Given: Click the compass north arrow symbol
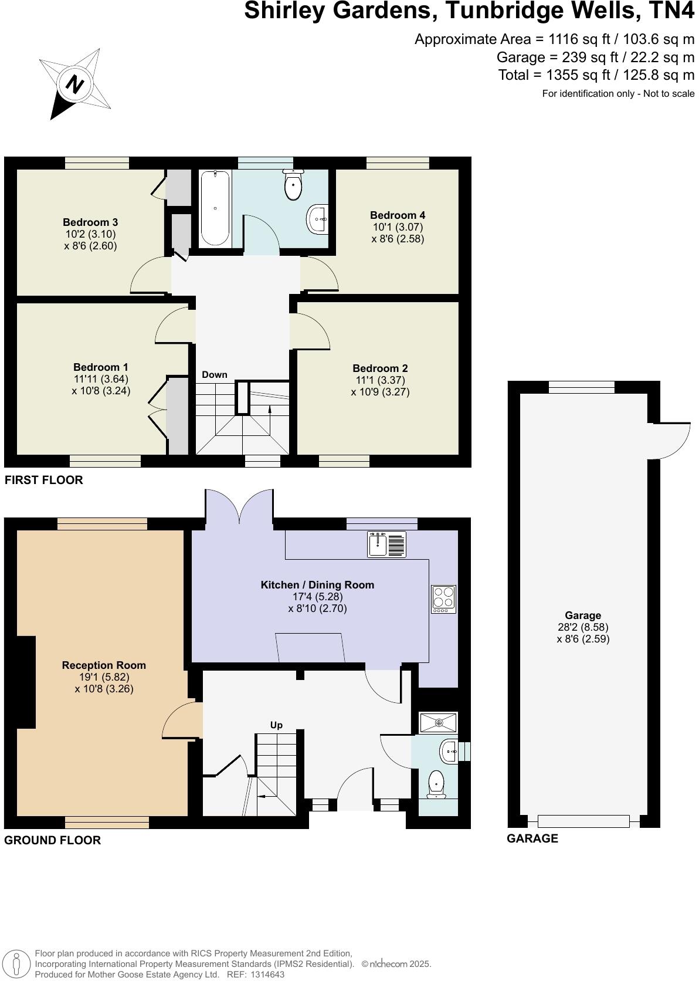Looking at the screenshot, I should click(74, 84).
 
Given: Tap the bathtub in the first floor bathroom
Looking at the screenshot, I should click(215, 208).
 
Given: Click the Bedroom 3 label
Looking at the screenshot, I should click(90, 222).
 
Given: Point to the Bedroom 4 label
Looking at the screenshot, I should click(397, 215).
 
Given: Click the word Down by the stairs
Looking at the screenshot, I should click(215, 375).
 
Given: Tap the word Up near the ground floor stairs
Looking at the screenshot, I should click(276, 725).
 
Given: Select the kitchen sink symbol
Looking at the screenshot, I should click(386, 544).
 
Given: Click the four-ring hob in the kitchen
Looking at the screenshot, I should click(444, 599).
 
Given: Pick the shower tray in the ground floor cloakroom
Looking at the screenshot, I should click(438, 722).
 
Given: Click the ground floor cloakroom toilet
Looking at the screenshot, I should click(436, 784).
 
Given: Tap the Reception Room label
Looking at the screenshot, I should click(104, 665).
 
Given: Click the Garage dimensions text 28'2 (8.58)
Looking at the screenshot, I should click(583, 627).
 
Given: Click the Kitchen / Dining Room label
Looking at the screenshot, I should click(317, 585).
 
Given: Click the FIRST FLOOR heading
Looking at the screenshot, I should click(44, 480).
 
